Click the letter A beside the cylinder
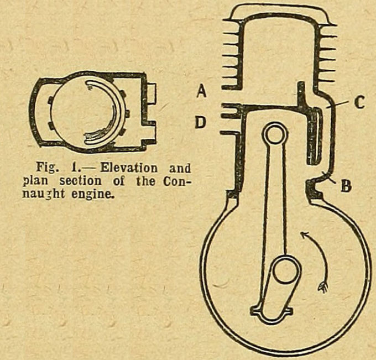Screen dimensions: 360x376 (x=201, y=91)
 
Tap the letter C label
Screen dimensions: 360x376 (x=359, y=102)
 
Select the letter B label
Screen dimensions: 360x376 (x=346, y=186)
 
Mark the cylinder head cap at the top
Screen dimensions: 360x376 (x=279, y=12)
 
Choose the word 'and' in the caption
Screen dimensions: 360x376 (x=179, y=168)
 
